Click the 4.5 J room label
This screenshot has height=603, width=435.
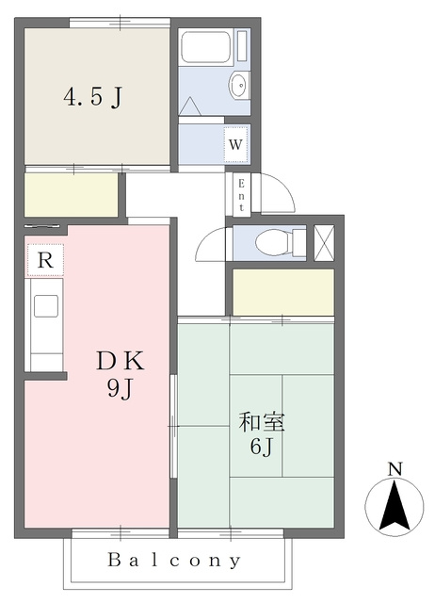(92, 97)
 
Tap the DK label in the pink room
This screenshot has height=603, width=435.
(121, 361)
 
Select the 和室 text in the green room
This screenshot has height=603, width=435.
(262, 422)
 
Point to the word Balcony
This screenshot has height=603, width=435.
(174, 560)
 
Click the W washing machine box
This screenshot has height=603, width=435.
(235, 144)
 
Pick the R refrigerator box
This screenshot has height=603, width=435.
(45, 260)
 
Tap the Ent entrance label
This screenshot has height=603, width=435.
(241, 195)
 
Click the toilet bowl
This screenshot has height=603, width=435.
(274, 243)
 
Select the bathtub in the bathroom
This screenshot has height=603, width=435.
(206, 46)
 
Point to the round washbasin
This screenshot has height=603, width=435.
(238, 84)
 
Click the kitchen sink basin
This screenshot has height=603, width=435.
(46, 306)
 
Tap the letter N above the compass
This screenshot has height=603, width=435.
(395, 469)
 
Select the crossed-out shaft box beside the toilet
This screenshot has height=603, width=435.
(324, 243)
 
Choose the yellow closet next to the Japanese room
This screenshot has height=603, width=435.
(283, 292)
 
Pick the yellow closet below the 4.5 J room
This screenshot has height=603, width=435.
(72, 195)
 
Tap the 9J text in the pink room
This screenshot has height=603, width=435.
(120, 389)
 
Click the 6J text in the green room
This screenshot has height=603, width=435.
(262, 447)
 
